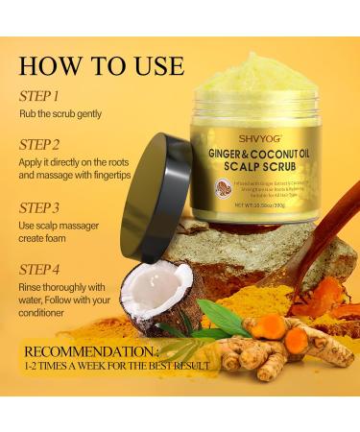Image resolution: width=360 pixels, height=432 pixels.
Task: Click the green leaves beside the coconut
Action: (219, 318)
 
